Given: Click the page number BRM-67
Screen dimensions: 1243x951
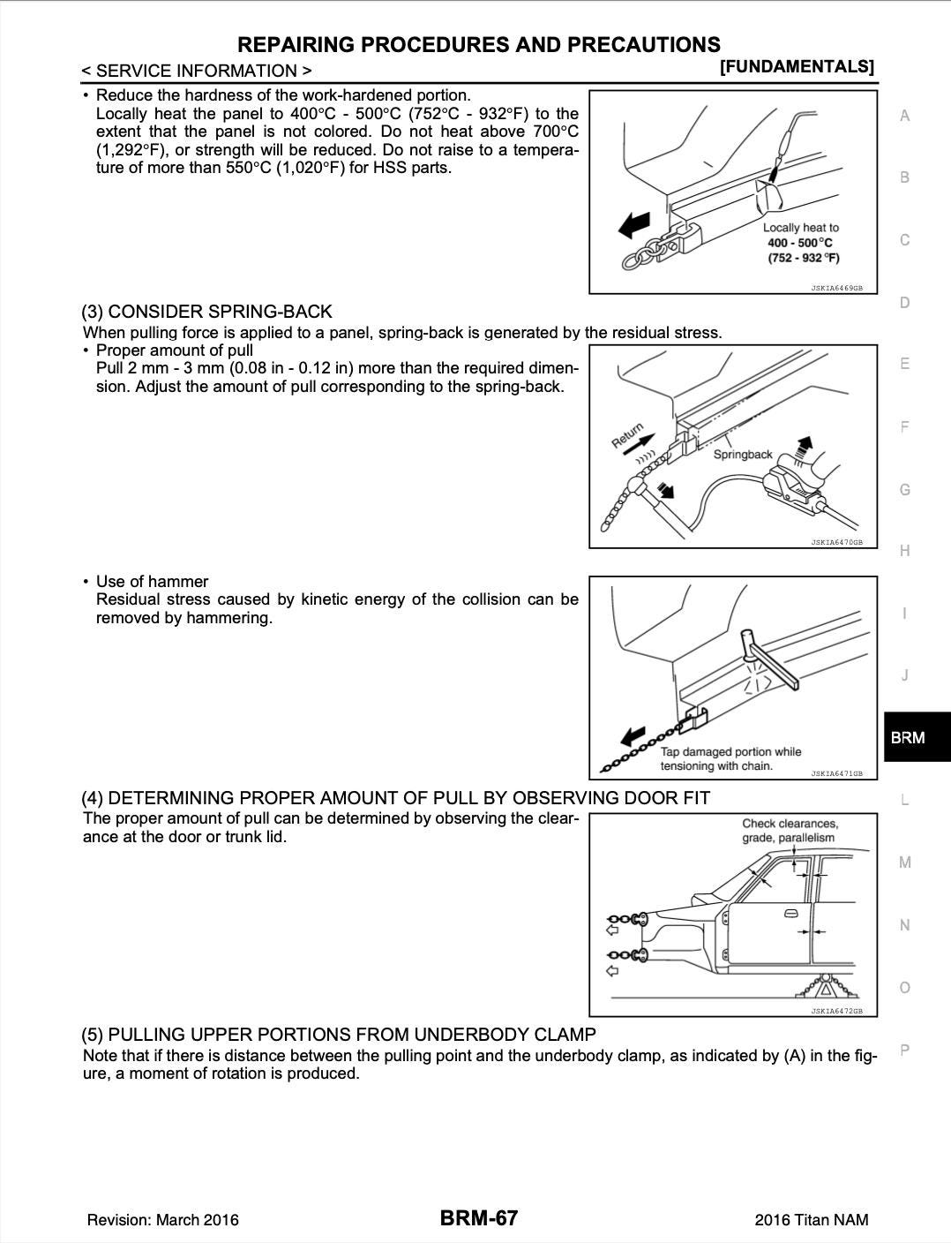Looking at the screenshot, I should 479,1218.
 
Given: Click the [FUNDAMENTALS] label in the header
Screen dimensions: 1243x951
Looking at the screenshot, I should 797,66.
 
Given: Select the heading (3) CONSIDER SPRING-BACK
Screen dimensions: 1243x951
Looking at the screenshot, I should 206,312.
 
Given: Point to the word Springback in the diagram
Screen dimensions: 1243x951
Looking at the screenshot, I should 742,454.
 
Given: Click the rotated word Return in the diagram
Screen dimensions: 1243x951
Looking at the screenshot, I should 627,436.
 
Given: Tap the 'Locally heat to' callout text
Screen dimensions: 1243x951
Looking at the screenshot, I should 801,228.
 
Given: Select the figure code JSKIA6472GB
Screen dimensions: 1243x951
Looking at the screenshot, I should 836,1011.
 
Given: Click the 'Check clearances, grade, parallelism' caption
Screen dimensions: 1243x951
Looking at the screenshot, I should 790,830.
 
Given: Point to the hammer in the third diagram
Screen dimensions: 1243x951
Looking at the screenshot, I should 770,658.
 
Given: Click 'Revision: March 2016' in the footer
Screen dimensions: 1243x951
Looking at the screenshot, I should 162,1220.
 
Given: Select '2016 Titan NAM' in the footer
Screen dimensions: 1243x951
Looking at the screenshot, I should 811,1220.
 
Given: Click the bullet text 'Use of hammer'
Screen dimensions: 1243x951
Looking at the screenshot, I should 152,581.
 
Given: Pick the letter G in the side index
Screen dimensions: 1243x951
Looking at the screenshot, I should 904,489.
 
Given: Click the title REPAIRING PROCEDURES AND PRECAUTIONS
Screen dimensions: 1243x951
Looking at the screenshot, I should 479,44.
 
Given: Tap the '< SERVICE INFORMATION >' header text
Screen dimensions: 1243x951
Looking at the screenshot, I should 196,71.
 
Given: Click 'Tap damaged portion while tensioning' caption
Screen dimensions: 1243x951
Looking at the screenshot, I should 730,758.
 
